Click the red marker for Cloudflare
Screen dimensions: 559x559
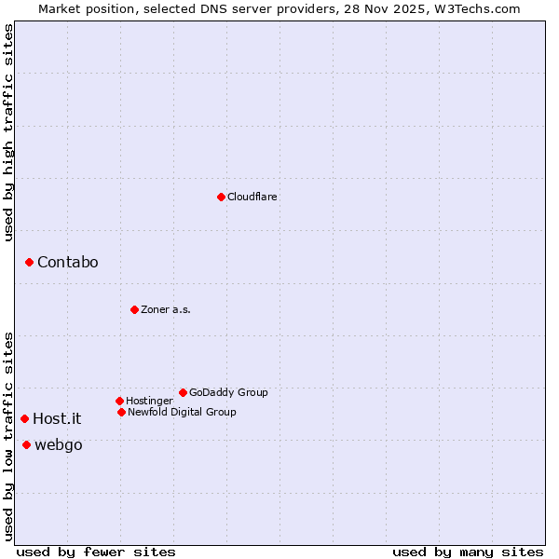point(221,197)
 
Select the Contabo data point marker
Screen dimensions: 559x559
point(29,263)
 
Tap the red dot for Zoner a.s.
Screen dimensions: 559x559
point(134,309)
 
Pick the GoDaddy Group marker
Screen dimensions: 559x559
point(183,392)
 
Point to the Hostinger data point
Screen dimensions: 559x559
point(119,401)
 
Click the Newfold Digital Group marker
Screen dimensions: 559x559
point(121,412)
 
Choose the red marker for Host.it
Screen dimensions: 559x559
point(24,419)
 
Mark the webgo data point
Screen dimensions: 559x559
point(26,445)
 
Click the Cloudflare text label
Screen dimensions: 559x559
point(252,197)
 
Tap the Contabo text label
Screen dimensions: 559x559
point(68,263)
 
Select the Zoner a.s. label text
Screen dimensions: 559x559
point(166,309)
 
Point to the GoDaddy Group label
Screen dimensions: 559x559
point(228,392)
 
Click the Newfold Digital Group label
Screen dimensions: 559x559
point(182,412)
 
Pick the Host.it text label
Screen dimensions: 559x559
point(57,419)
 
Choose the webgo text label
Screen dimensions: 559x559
point(59,445)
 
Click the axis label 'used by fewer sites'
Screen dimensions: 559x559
point(96,552)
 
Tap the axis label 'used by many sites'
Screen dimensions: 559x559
point(468,552)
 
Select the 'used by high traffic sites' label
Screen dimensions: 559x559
point(8,132)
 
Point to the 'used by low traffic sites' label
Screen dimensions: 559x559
point(8,436)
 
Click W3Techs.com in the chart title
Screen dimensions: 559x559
point(475,8)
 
